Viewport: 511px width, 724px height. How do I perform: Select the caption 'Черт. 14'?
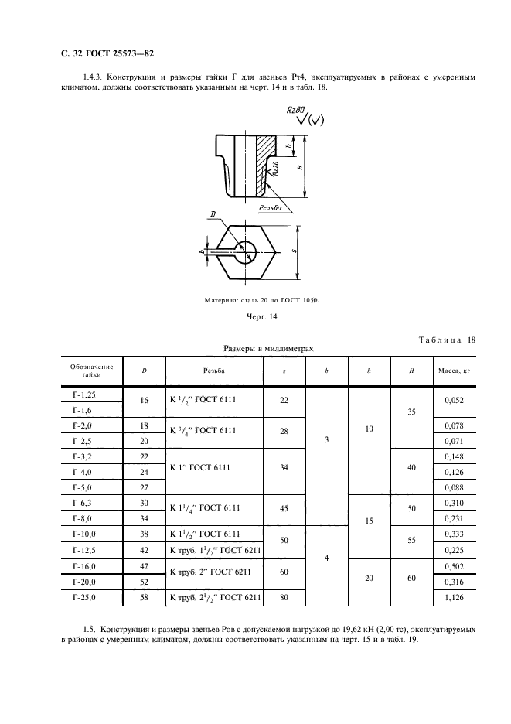coord(256,317)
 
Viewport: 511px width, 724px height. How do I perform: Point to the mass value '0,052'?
coord(454,400)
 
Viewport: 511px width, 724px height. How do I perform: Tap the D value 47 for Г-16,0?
coord(143,566)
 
